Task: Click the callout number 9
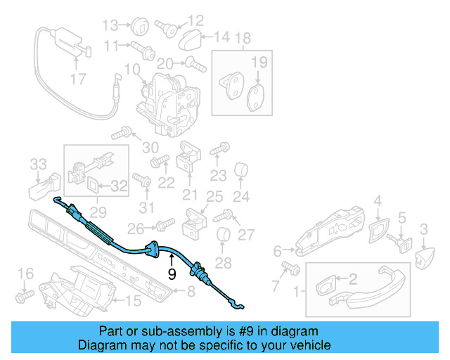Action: click(x=172, y=276)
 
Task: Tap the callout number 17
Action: click(x=78, y=79)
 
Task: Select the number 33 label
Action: click(x=38, y=165)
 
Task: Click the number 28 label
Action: click(x=222, y=263)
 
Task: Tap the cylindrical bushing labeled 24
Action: click(x=242, y=170)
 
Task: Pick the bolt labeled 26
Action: click(x=165, y=224)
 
